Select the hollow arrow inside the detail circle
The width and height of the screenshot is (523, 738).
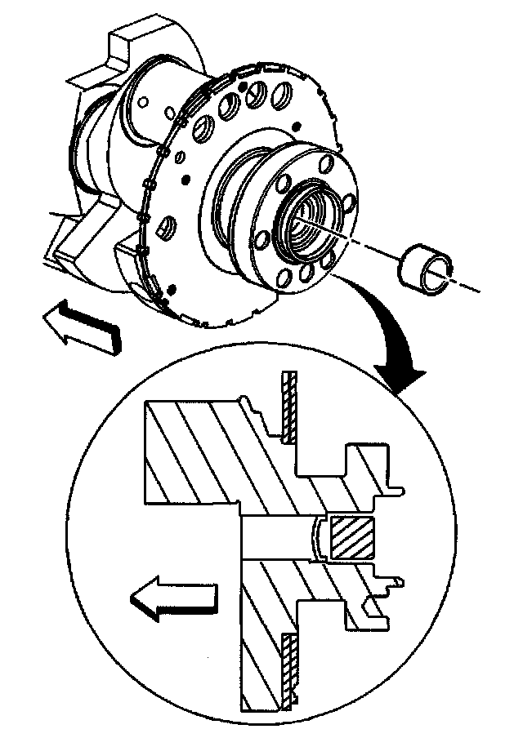[173, 600]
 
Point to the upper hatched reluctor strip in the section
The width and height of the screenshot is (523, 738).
[288, 408]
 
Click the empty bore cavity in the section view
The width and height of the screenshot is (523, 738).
[278, 539]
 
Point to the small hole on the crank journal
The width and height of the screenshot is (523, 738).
[144, 103]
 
